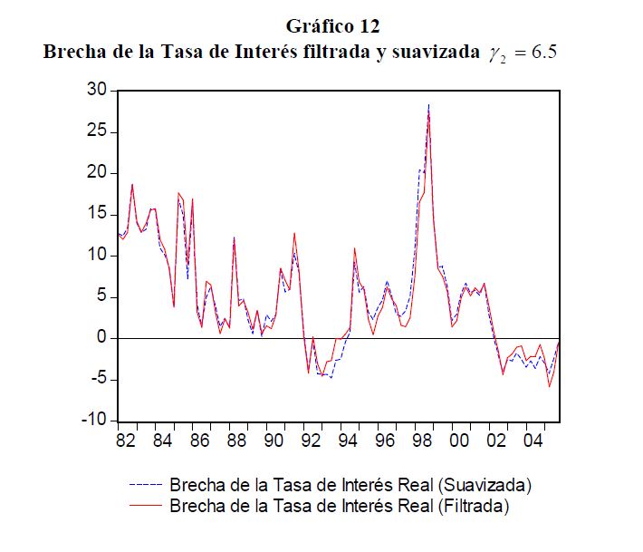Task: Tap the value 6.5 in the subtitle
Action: tap(543, 52)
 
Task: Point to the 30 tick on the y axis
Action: tap(97, 91)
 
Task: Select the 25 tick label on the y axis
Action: tap(97, 132)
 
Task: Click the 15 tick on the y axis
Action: tap(97, 215)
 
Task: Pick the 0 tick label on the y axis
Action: tap(101, 338)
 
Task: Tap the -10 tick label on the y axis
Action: tap(93, 421)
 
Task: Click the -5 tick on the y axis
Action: tap(97, 380)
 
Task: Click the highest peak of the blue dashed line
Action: tap(428, 104)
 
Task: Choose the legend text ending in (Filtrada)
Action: tap(340, 505)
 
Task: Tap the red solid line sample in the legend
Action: tap(145, 505)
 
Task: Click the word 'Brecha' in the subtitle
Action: tap(75, 52)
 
